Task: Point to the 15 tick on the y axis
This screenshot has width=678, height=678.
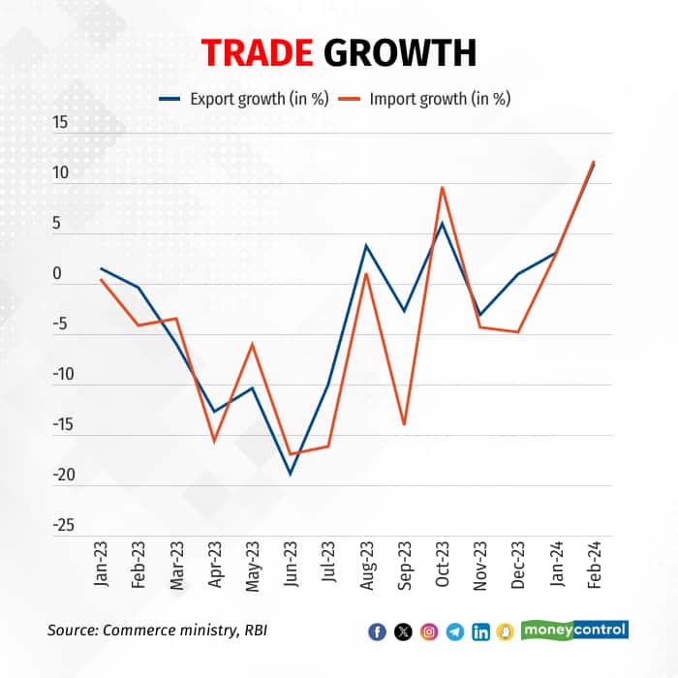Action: (61, 123)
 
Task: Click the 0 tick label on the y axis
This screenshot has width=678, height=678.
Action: (57, 274)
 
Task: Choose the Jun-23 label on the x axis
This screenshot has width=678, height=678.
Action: (290, 562)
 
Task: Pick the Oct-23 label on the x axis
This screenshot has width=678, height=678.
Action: (442, 562)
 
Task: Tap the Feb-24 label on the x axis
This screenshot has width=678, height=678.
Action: (593, 562)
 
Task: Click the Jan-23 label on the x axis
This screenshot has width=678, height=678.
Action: (101, 562)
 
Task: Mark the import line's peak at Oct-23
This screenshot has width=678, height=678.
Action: (442, 187)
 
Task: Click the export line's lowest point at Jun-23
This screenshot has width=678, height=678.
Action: (290, 474)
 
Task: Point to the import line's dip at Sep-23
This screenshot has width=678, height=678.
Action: (404, 424)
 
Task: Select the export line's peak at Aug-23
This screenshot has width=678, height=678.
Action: (366, 245)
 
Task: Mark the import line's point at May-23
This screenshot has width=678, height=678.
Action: (252, 344)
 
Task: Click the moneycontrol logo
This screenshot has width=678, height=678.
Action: (575, 630)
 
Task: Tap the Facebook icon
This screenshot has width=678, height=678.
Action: (378, 632)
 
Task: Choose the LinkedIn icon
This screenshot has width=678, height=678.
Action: (480, 632)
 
